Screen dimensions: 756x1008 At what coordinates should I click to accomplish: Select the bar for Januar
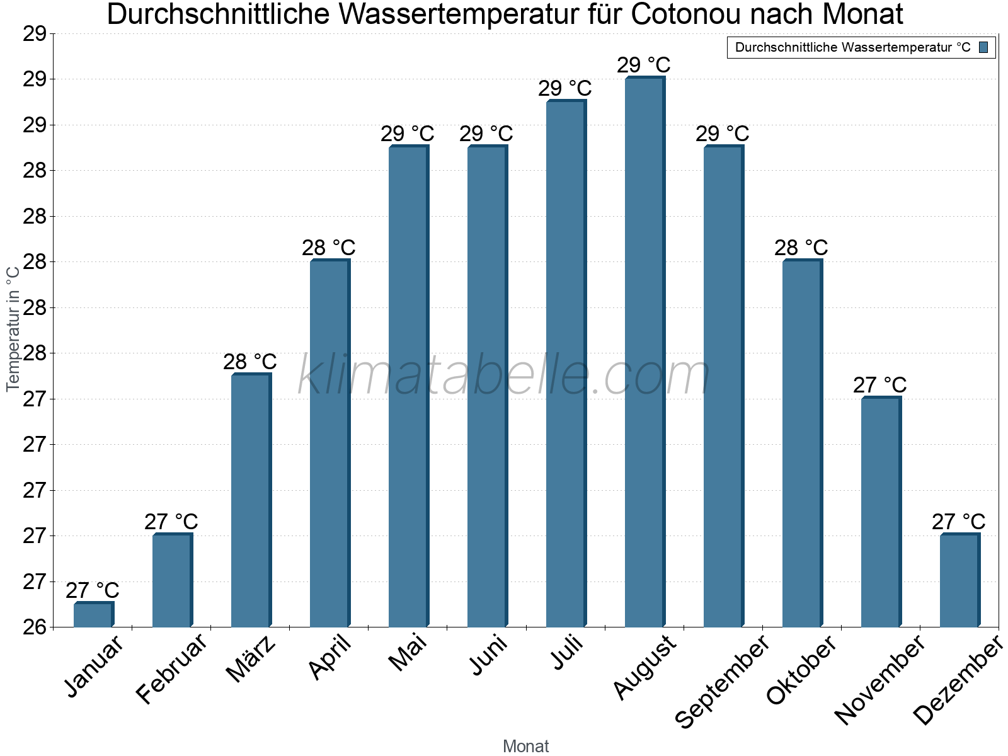(93, 615)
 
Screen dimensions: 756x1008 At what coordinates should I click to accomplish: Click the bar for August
(644, 353)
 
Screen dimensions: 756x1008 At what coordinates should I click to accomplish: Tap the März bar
(251, 501)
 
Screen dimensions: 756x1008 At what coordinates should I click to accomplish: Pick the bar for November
(881, 512)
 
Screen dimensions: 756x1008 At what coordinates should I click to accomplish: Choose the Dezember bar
(959, 580)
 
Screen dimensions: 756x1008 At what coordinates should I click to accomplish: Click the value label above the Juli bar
(564, 89)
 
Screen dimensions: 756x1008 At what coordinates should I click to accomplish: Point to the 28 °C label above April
(328, 248)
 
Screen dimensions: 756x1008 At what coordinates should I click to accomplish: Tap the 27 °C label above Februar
(171, 522)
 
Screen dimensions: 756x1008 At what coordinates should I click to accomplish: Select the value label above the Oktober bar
(801, 248)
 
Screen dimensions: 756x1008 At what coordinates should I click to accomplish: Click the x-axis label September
(722, 682)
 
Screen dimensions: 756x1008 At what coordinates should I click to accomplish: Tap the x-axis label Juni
(488, 655)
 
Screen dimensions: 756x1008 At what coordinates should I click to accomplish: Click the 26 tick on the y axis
(35, 627)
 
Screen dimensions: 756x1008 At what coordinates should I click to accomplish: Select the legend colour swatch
(983, 47)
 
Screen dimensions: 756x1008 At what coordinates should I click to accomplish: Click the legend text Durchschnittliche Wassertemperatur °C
(852, 47)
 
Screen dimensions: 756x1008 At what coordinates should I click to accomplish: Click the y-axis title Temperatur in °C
(13, 328)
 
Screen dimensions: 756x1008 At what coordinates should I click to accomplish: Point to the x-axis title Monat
(525, 746)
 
